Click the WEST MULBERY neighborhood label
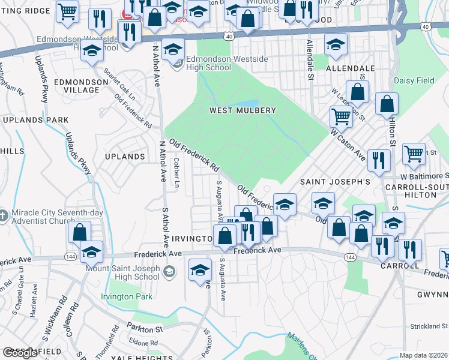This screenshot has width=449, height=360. (243, 110)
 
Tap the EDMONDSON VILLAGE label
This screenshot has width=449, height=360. (77, 85)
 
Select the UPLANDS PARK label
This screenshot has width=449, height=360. (35, 120)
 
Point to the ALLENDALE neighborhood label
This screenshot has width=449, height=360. (350, 69)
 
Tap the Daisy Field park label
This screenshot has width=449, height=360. (414, 80)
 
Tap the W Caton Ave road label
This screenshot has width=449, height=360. (348, 145)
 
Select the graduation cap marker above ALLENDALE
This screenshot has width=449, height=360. (336, 45)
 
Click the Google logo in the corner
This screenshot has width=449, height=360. (20, 353)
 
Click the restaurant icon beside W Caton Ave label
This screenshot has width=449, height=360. (379, 161)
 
